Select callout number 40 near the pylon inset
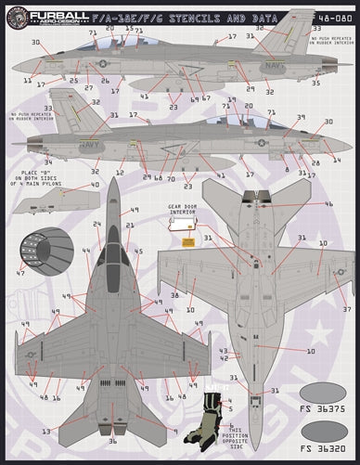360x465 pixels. click(95, 185)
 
